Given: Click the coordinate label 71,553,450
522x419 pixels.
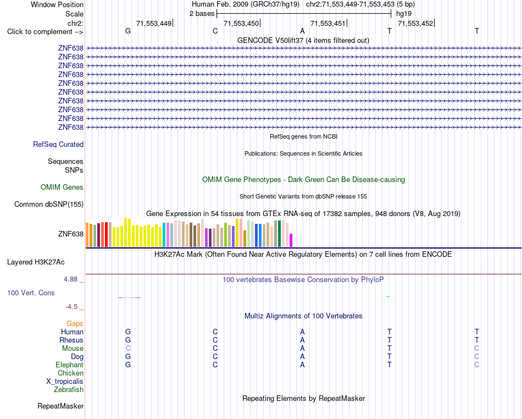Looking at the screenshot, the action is (241, 23).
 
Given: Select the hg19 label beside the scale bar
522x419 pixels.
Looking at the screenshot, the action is (404, 14).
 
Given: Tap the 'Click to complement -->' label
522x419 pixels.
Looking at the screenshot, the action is (45, 32).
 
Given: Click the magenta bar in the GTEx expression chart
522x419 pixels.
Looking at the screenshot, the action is (291, 240).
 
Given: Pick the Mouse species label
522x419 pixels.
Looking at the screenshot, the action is (73, 349).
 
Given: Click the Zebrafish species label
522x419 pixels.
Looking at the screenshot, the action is (69, 390).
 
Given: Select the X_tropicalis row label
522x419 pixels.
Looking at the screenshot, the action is (65, 382).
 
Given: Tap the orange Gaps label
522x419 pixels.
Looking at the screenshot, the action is (75, 324).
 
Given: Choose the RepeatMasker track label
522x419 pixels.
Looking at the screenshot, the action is (60, 406).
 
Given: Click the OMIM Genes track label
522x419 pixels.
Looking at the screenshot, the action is (62, 187).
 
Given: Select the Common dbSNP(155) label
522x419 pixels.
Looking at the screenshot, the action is (49, 204).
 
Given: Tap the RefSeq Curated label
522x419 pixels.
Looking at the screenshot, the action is (58, 144).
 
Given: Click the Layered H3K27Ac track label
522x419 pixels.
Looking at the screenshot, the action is (36, 262).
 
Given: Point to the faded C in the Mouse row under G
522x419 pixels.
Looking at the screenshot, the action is (128, 349).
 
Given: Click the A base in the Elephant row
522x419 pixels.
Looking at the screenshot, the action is (302, 365).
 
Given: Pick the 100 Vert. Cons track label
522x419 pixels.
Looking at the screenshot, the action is (31, 293).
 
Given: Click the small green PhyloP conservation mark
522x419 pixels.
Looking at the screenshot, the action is (388, 296).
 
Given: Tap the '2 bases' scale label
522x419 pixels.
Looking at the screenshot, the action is (202, 14).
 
